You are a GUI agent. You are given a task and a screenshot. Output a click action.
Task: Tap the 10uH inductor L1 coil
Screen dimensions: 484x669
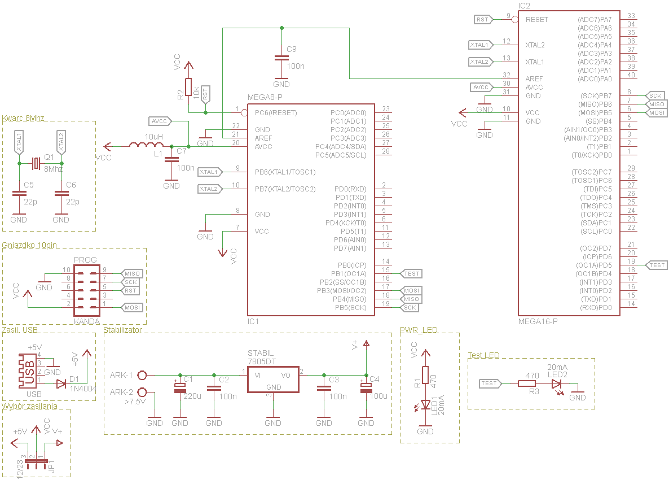click(x=146, y=146)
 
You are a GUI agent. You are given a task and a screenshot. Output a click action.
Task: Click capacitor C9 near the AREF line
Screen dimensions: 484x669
click(x=281, y=58)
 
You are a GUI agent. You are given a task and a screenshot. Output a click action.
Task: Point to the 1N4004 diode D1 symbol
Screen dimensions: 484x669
click(x=60, y=384)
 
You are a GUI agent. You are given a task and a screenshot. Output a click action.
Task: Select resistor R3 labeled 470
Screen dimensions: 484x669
click(x=527, y=383)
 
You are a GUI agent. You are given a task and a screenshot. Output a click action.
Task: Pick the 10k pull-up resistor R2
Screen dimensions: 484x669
click(x=188, y=88)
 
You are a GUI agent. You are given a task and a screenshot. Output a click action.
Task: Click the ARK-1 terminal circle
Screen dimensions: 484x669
click(x=142, y=375)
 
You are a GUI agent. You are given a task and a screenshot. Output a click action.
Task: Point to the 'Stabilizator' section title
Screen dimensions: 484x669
click(x=123, y=329)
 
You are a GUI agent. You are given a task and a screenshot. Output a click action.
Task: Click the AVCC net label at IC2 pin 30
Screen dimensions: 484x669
click(x=482, y=87)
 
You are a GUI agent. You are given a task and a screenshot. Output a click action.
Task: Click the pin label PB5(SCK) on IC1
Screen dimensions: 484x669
click(x=350, y=308)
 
